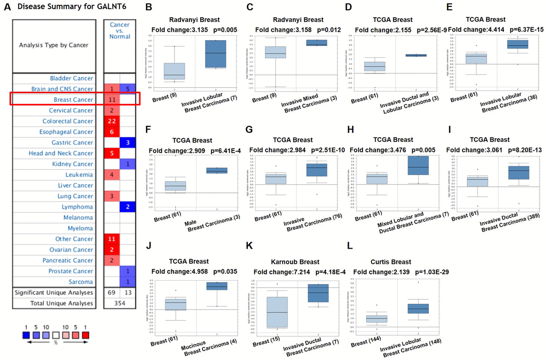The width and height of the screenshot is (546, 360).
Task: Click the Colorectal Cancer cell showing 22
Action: pos(111,121)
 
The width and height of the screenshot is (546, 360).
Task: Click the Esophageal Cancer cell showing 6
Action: pos(111,132)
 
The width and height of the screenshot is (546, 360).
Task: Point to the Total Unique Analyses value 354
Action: pos(119,303)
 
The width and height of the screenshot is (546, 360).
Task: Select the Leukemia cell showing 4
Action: pos(111,175)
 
